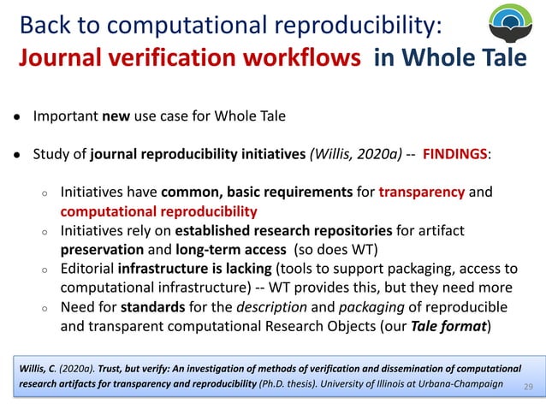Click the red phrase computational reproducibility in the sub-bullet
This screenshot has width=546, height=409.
(x=158, y=210)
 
